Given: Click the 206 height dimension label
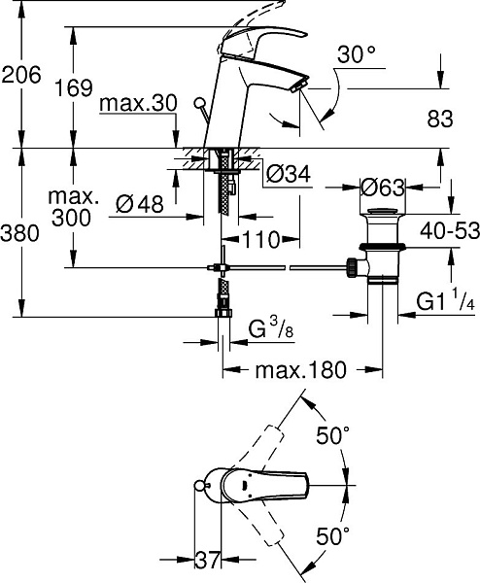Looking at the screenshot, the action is (x=20, y=76).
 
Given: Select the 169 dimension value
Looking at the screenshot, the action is (x=74, y=88).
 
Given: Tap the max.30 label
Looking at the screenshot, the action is (x=138, y=104).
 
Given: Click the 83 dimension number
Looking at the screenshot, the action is (x=440, y=120).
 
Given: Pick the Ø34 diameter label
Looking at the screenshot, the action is (x=289, y=174).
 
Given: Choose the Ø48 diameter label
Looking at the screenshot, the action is (x=139, y=204).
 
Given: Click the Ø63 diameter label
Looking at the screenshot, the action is (x=382, y=188).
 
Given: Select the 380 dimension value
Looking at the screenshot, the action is (x=20, y=234).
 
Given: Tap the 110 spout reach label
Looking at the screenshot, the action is (x=260, y=239).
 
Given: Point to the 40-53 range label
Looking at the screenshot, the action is (x=450, y=231).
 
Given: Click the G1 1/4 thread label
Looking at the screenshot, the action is (x=445, y=301).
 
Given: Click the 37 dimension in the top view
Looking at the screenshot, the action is (x=208, y=560).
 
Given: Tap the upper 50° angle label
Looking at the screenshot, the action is (x=332, y=435).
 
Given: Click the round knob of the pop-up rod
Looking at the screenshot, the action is (x=200, y=102).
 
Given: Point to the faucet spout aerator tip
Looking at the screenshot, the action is (x=300, y=86).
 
